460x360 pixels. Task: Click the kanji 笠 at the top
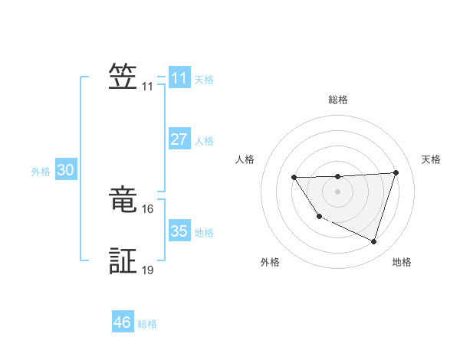point(123,77)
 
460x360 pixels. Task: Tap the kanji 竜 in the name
point(123,199)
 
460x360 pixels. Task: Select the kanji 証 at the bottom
point(123,260)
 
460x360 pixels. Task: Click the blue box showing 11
point(179,78)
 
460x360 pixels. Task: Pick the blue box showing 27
point(179,139)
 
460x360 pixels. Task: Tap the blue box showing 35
point(179,231)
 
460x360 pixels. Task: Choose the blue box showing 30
point(65,171)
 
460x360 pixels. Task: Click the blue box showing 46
point(122,322)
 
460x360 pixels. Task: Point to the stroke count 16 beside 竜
point(148,208)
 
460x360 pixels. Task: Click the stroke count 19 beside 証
point(148,270)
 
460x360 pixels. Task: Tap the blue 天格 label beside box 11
point(204,79)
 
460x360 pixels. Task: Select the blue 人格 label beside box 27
point(204,141)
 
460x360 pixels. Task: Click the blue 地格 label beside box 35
point(204,233)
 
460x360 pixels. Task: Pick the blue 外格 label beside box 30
point(41,172)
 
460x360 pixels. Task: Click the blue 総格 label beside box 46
point(147,324)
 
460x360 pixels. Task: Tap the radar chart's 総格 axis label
point(337,100)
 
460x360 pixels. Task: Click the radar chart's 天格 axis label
point(432,159)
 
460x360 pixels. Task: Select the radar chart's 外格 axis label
point(270,263)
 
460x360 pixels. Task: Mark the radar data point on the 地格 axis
point(374,242)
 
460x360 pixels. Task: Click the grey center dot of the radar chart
point(337,191)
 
